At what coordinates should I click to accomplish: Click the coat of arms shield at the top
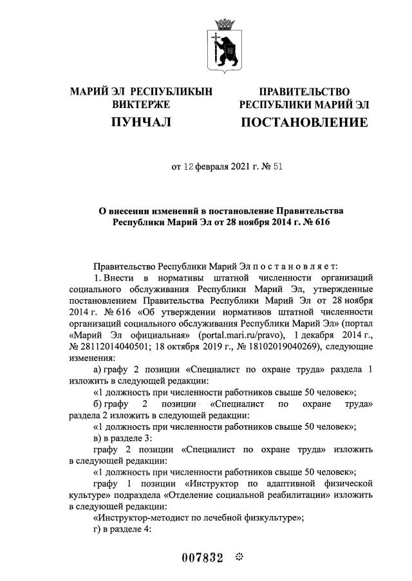(225, 51)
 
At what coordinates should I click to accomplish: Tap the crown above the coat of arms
(225, 24)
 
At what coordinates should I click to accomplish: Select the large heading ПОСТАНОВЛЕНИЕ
(304, 122)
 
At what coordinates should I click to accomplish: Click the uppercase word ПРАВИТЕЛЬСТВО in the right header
(304, 91)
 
